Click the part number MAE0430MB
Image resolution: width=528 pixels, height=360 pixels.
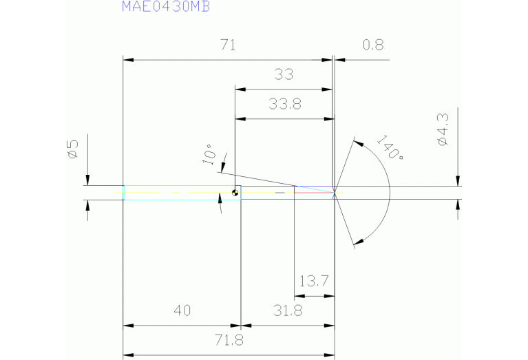(166, 6)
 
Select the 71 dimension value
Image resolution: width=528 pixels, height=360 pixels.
(228, 45)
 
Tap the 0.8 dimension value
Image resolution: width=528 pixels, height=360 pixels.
(373, 45)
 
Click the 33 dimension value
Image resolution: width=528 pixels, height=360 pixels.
(284, 74)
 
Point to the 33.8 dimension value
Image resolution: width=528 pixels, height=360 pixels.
(285, 104)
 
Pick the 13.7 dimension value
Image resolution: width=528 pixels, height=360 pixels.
(313, 281)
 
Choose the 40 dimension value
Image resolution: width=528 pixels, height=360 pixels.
(182, 310)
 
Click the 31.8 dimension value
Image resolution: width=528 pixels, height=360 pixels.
(288, 310)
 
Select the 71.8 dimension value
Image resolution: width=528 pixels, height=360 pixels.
(229, 340)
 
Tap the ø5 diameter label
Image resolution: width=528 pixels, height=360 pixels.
(73, 149)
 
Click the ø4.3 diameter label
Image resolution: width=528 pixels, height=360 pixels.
(443, 129)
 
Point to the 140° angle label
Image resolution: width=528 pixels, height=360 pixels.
(390, 147)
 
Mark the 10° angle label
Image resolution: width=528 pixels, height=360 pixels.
(209, 155)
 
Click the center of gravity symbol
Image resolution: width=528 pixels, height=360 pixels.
(235, 193)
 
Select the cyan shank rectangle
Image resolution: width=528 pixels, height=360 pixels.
(182, 193)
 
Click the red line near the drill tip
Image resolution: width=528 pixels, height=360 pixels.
(314, 193)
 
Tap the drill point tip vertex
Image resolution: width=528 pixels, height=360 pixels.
(335, 193)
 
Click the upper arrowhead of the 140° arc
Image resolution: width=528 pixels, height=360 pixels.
(359, 143)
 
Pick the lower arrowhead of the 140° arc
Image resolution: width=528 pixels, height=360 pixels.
(359, 242)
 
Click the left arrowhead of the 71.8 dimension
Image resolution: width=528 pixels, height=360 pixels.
(128, 355)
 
